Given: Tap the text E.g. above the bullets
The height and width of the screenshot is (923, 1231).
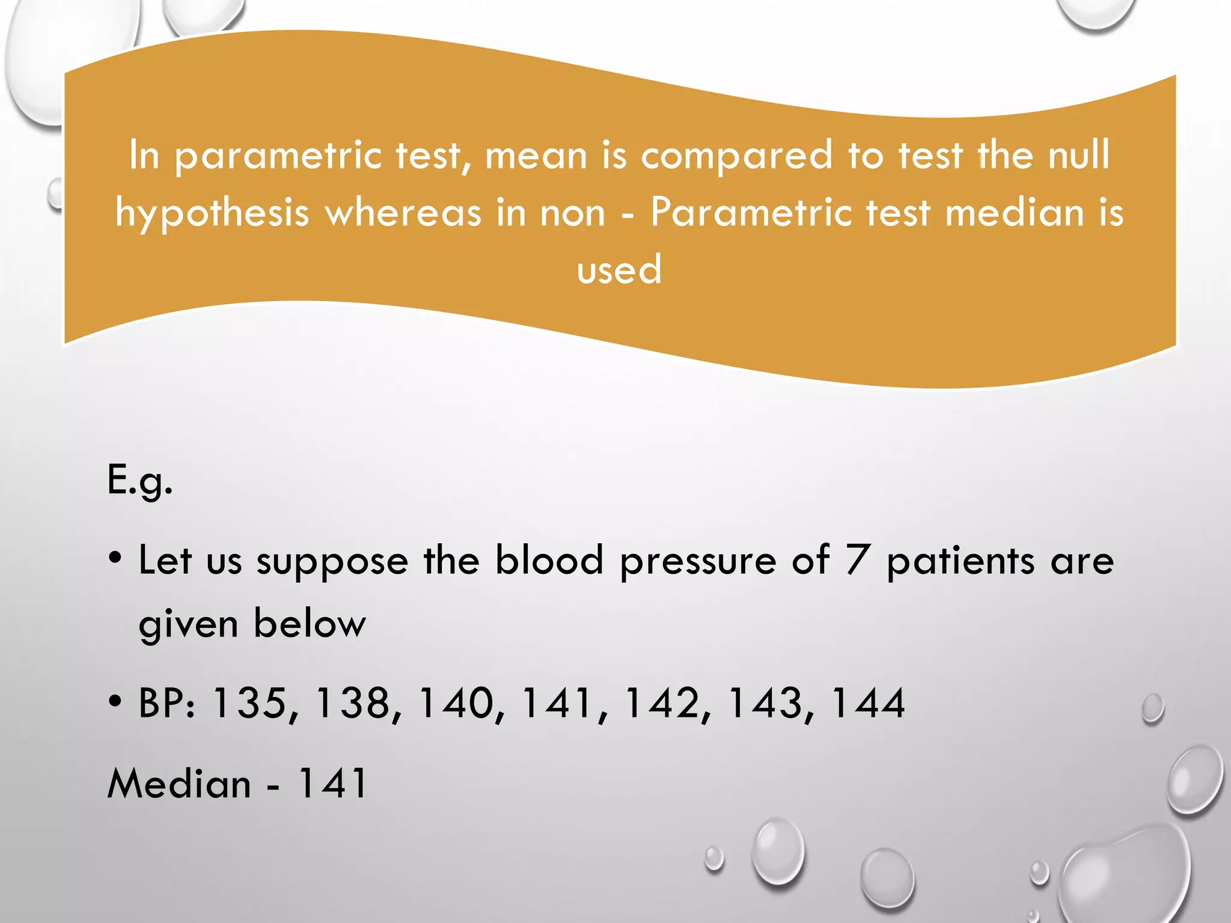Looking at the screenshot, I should click(x=139, y=481).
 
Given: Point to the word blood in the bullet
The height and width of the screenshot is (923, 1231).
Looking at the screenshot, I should click(x=549, y=560).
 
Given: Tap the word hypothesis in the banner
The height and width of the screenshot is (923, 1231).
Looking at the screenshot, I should click(x=212, y=214).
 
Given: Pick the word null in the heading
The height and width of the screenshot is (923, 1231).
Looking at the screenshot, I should click(x=1079, y=154).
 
